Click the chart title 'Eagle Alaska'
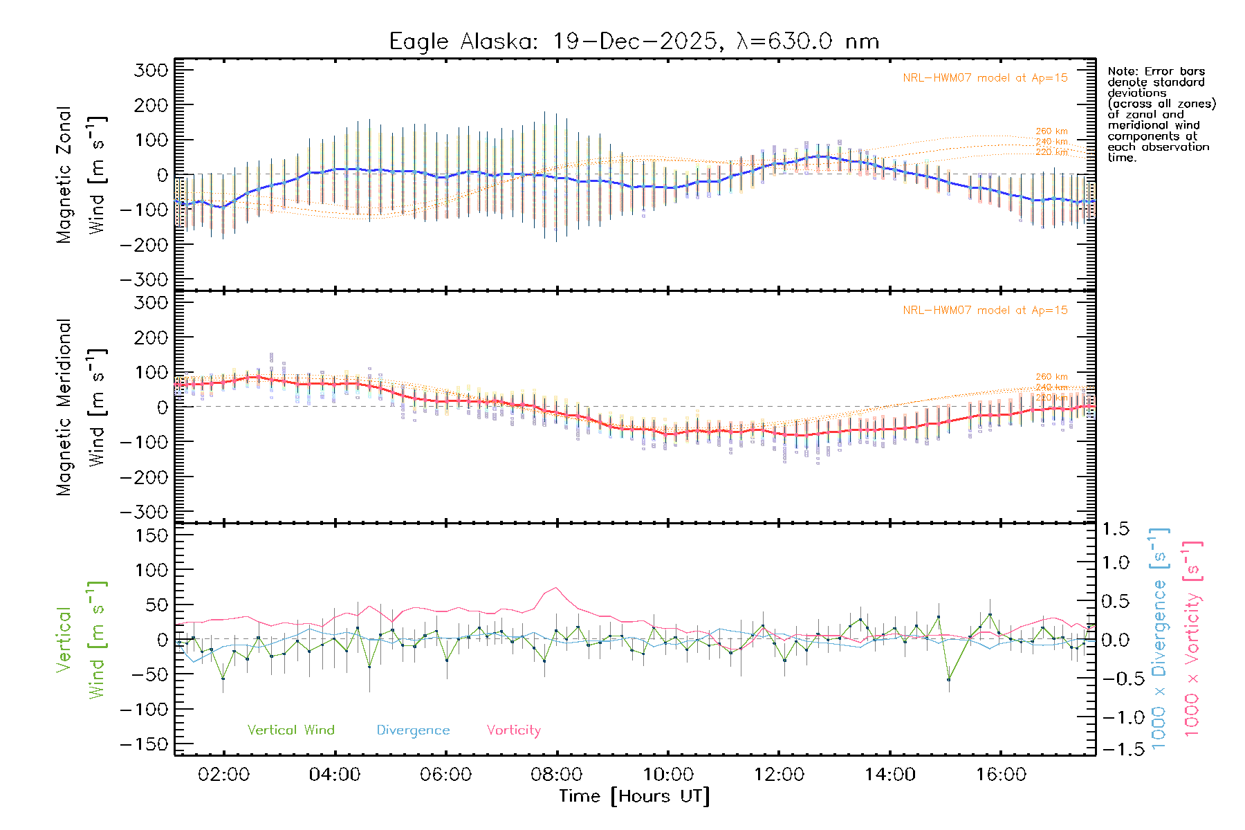tap(459, 41)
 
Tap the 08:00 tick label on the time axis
tap(557, 775)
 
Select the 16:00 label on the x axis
tap(1001, 775)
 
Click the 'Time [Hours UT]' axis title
tap(634, 796)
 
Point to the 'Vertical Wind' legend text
tap(291, 730)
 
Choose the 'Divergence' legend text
tap(413, 730)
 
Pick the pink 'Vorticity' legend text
tap(513, 730)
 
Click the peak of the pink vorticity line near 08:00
tap(556, 588)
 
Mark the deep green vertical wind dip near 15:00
tap(948, 680)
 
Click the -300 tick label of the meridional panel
tap(144, 512)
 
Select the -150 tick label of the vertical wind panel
tap(144, 744)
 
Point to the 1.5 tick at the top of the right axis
tap(1116, 529)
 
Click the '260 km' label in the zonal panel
tap(1051, 131)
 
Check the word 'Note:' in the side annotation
tap(1123, 71)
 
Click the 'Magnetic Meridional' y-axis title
tap(64, 407)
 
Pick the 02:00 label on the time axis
tap(223, 775)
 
